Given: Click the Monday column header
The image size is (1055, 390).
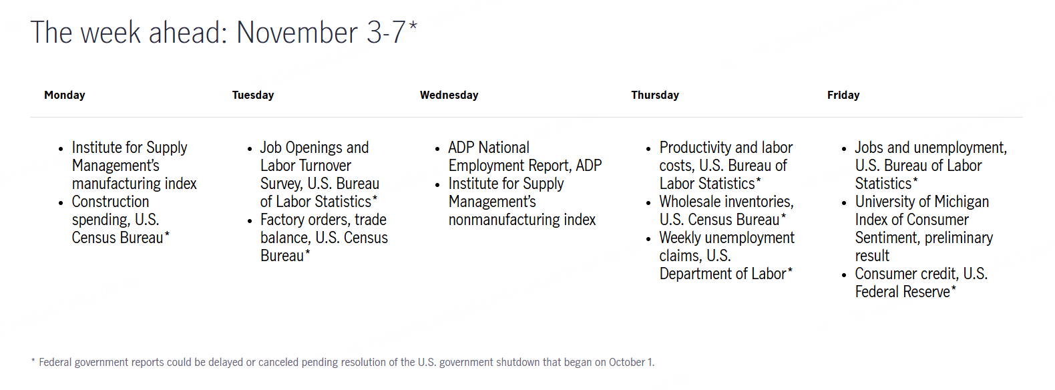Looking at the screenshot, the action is point(65,95).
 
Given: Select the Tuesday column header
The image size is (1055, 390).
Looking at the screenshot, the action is point(253,95).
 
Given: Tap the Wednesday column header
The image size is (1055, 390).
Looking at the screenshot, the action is point(449,95).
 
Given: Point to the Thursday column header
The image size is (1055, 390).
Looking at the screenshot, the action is point(655,95).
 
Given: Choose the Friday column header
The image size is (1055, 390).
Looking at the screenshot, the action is point(843,95).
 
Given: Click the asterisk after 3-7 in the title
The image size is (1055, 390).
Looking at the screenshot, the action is point(413,25).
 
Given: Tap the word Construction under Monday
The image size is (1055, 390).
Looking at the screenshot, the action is point(110,202).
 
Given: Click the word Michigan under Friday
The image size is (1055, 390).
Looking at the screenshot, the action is point(962,202).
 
